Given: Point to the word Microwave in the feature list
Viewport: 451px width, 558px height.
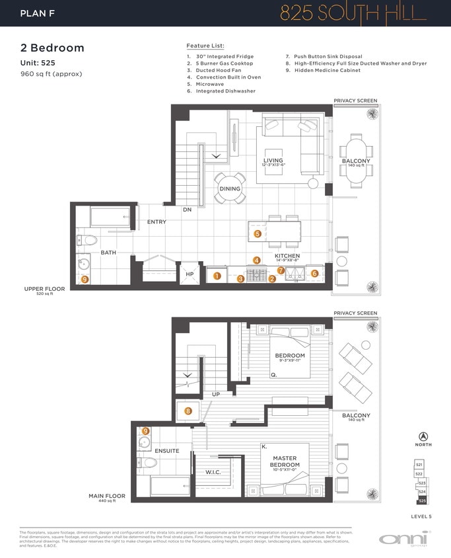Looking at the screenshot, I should (211, 84).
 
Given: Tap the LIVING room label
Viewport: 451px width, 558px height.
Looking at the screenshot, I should (273, 161).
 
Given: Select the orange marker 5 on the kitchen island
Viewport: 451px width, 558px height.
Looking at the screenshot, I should (258, 233).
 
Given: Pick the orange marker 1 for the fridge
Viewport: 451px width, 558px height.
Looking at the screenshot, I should (217, 276).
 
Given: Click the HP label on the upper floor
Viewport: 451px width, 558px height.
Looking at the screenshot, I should (190, 274).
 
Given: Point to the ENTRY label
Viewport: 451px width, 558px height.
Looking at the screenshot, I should (156, 222).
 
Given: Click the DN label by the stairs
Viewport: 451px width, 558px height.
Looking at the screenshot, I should (188, 210).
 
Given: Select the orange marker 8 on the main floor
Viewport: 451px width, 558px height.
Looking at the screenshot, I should (188, 411).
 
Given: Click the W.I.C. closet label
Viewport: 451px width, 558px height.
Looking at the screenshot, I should (213, 472).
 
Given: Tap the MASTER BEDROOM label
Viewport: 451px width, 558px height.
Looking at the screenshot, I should (285, 461).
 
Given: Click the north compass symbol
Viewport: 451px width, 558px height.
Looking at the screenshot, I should (423, 437).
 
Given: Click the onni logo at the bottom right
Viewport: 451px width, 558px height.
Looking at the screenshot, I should (405, 538).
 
